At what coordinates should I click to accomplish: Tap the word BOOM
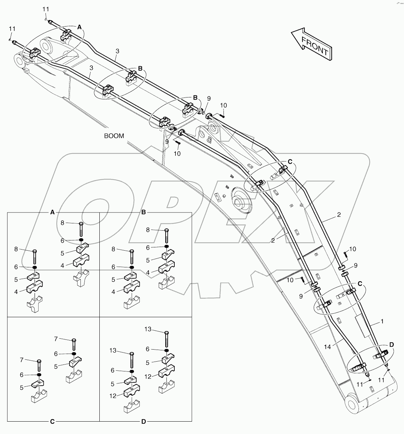[114, 136]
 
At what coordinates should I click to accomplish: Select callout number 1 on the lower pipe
[382, 322]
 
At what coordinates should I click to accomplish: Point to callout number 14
[327, 347]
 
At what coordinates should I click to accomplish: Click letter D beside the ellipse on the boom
[392, 344]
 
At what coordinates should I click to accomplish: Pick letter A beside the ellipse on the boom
[79, 27]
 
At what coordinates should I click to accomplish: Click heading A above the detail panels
[52, 212]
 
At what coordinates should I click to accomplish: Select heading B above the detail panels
[143, 212]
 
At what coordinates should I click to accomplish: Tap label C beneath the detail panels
[52, 422]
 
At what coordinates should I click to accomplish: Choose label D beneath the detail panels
[143, 422]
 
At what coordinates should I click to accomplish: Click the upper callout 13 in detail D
[147, 329]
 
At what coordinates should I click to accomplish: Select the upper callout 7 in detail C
[56, 339]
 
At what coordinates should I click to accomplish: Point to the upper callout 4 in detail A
[62, 266]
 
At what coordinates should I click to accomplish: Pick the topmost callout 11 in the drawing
[45, 9]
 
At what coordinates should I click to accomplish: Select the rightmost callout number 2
[338, 215]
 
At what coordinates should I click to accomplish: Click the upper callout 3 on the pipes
[116, 52]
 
